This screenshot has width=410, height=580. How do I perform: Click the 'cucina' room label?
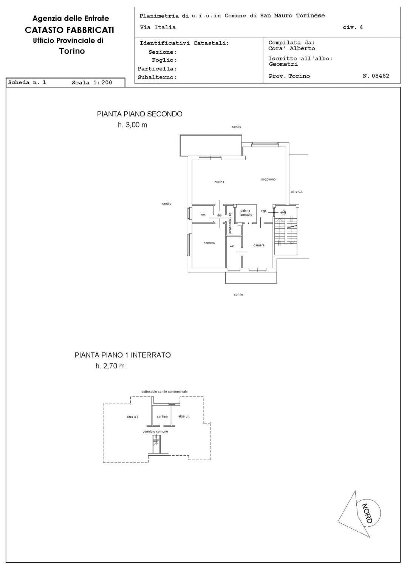tap(219, 182)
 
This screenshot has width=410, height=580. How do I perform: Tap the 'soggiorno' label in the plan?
tap(268, 179)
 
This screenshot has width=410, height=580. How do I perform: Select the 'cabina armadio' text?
tap(246, 213)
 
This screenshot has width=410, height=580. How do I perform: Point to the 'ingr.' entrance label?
tap(263, 210)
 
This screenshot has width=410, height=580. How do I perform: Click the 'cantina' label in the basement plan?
tap(162, 416)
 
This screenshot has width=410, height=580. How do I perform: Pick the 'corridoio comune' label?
tap(155, 431)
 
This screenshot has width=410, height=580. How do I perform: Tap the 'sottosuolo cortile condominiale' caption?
tap(164, 391)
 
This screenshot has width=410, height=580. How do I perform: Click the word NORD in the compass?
tap(367, 513)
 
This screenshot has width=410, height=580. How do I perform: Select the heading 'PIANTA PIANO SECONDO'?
tap(139, 114)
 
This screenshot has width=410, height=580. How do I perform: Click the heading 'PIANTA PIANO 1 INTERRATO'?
tap(122, 355)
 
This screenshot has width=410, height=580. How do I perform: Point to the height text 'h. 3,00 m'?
tap(132, 125)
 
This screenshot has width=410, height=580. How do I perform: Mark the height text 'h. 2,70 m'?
tap(110, 366)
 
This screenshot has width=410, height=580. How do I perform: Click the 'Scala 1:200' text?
tap(92, 83)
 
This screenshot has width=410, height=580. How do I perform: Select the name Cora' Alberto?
tap(291, 48)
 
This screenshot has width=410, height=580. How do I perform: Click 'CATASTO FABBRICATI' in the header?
tap(70, 30)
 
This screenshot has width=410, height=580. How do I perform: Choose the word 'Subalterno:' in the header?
tap(157, 77)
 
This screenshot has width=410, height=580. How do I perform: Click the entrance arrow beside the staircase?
tap(283, 213)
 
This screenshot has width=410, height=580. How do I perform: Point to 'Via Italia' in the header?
tap(158, 27)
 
